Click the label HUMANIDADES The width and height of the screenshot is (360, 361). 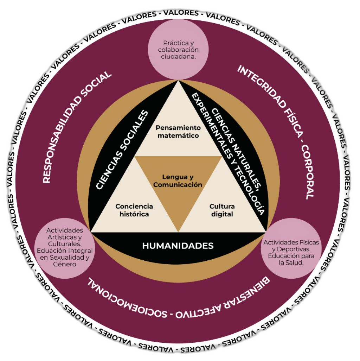178,246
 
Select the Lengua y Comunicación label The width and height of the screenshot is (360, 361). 178,181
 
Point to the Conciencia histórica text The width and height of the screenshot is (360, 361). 134,210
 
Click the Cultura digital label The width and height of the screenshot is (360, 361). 222,210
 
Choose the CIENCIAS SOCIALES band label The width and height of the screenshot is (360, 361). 122,151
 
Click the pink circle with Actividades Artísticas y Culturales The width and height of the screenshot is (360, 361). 65,247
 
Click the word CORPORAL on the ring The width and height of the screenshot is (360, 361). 307,174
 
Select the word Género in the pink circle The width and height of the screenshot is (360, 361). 65,264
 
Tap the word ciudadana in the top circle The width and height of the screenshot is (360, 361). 178,56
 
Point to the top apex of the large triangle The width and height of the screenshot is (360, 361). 178,81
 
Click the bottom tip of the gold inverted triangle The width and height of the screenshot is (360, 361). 178,231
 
